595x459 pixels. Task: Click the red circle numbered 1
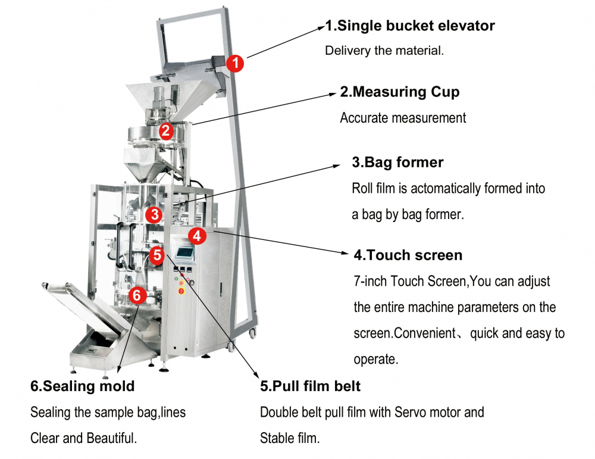click(236, 63)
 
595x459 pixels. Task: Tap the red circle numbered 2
click(165, 130)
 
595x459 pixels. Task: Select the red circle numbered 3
click(155, 214)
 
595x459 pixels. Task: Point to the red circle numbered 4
click(198, 236)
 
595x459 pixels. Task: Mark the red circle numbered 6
click(137, 295)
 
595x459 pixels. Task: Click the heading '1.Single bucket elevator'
click(410, 26)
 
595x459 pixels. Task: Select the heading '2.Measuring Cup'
click(400, 92)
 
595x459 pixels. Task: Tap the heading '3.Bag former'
click(397, 162)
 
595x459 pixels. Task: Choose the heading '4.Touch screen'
click(408, 255)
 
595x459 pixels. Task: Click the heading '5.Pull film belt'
click(310, 386)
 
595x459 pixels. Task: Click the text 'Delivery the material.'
click(384, 51)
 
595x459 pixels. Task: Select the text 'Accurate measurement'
click(403, 118)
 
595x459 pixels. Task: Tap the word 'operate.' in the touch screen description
click(375, 360)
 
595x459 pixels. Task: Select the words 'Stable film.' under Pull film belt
click(290, 439)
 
